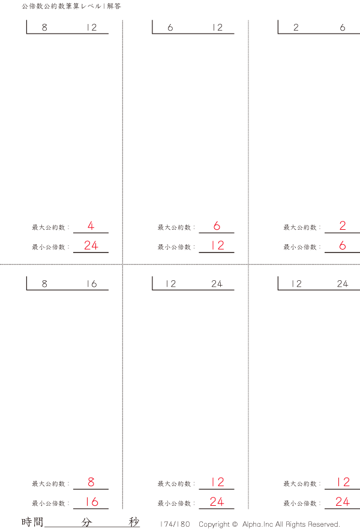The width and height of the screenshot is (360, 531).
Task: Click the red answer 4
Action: [91, 226]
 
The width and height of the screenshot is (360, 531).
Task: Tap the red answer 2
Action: [343, 226]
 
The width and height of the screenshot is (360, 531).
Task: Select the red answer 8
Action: [91, 482]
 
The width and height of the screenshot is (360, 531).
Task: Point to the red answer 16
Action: [91, 502]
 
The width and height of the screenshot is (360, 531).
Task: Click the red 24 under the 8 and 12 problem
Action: [91, 245]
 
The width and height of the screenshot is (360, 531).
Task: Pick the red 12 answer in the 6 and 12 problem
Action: [217, 245]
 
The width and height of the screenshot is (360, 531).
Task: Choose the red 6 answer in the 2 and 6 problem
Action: [343, 245]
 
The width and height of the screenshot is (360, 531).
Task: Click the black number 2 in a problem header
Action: [296, 28]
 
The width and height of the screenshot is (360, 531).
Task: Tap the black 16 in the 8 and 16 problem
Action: [91, 284]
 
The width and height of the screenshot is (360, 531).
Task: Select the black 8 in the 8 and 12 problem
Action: [45, 28]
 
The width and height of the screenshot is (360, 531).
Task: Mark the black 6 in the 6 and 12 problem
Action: [170, 28]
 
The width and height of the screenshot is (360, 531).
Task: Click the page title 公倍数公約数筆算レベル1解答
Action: [71, 6]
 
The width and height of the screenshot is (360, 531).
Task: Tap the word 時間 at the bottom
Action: [32, 522]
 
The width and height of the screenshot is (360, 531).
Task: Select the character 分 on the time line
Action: [87, 522]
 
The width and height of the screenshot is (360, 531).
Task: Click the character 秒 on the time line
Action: [134, 522]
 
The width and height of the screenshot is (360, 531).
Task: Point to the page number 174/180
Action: [175, 524]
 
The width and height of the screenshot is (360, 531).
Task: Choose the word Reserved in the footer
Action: [324, 524]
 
